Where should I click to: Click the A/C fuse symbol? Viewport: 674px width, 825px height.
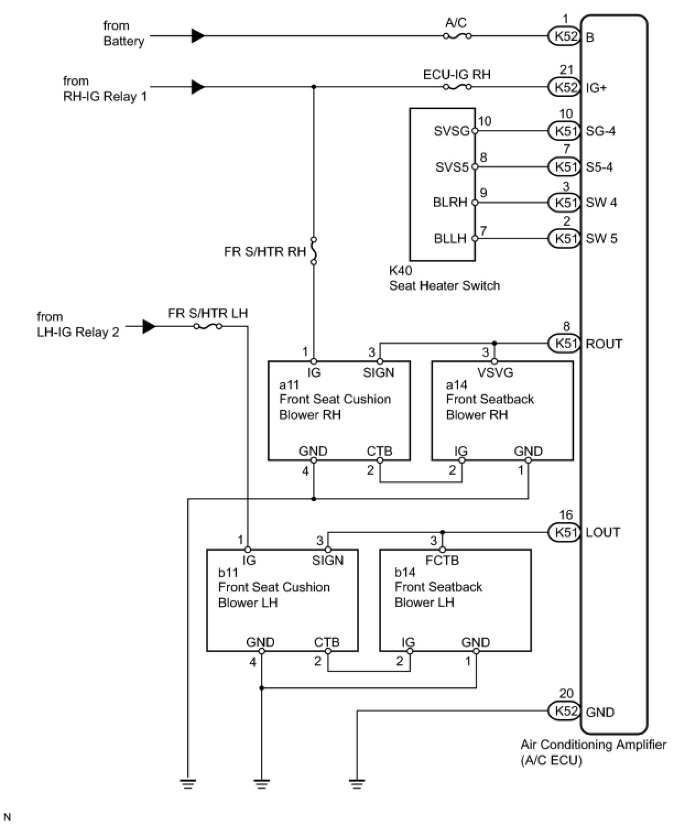(x=457, y=36)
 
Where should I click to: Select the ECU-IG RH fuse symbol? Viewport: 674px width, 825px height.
(x=457, y=87)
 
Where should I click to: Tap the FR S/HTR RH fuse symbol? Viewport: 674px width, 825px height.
(x=313, y=251)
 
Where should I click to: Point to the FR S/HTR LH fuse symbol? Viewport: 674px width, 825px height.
(x=208, y=326)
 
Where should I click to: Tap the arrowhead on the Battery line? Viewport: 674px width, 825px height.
(x=198, y=36)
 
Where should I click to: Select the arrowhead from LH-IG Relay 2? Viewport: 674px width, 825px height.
(x=149, y=326)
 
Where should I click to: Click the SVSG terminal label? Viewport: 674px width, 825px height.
(x=452, y=131)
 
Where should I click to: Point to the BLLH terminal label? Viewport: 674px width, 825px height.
(x=450, y=238)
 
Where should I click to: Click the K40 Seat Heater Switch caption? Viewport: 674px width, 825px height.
(x=444, y=278)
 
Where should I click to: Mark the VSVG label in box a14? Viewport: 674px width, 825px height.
(x=495, y=372)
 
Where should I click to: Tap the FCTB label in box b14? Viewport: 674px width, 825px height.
(x=442, y=561)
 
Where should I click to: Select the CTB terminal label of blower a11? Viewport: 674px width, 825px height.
(x=379, y=451)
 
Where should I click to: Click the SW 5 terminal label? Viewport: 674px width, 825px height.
(x=601, y=238)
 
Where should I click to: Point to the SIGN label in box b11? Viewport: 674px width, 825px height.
(x=328, y=561)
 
